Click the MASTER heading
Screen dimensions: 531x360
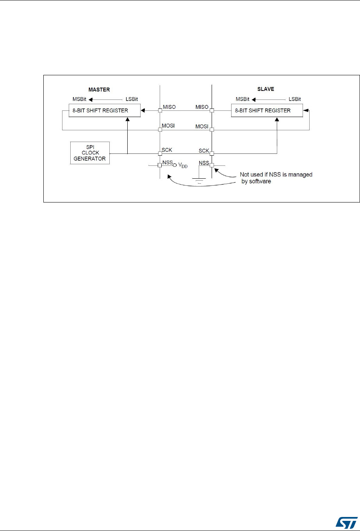(100, 89)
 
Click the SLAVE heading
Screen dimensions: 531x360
(266, 89)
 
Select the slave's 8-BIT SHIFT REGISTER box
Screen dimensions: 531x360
(267, 110)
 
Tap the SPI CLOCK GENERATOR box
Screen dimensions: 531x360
(90, 153)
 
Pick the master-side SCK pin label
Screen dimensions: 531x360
(167, 150)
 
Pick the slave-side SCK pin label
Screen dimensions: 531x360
(203, 150)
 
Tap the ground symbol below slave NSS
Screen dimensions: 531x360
(199, 180)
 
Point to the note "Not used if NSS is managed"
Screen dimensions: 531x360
(276, 175)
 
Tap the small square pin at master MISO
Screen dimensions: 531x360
(160, 110)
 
